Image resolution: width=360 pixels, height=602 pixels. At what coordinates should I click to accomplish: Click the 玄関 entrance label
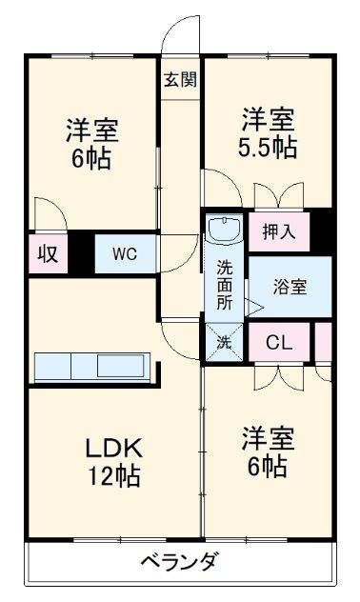click(179, 79)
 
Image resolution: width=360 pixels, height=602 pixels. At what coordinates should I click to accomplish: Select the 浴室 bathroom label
click(290, 285)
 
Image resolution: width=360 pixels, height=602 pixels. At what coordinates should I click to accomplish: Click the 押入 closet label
click(279, 231)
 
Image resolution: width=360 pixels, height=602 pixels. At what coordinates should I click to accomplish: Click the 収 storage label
click(46, 254)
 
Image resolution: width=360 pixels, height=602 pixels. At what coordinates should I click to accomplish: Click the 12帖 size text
click(114, 475)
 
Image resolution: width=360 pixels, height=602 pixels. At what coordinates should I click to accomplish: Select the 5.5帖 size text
click(267, 148)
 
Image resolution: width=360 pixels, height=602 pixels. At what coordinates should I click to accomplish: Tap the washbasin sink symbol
click(226, 230)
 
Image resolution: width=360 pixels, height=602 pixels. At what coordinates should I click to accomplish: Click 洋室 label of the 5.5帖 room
click(267, 120)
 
